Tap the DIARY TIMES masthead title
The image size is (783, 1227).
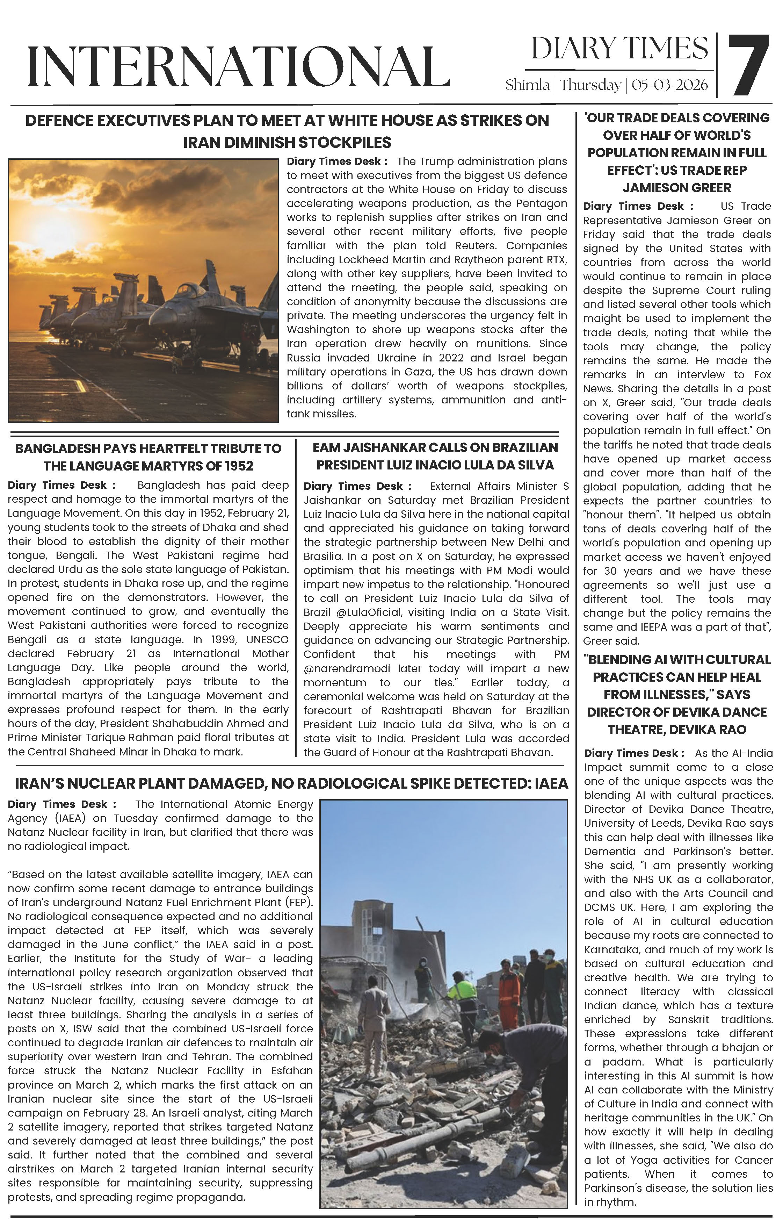point(619,49)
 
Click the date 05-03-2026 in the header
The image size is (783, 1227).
point(669,85)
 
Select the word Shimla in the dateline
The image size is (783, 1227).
point(527,85)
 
